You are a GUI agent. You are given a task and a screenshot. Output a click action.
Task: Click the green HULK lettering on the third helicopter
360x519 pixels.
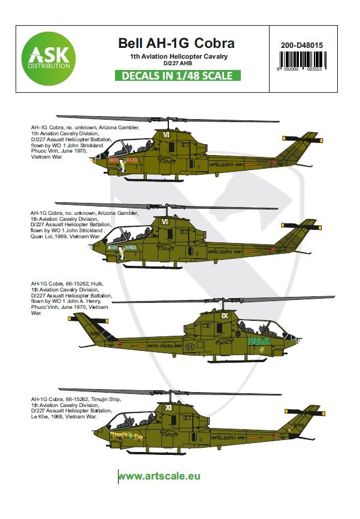point(259,340)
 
